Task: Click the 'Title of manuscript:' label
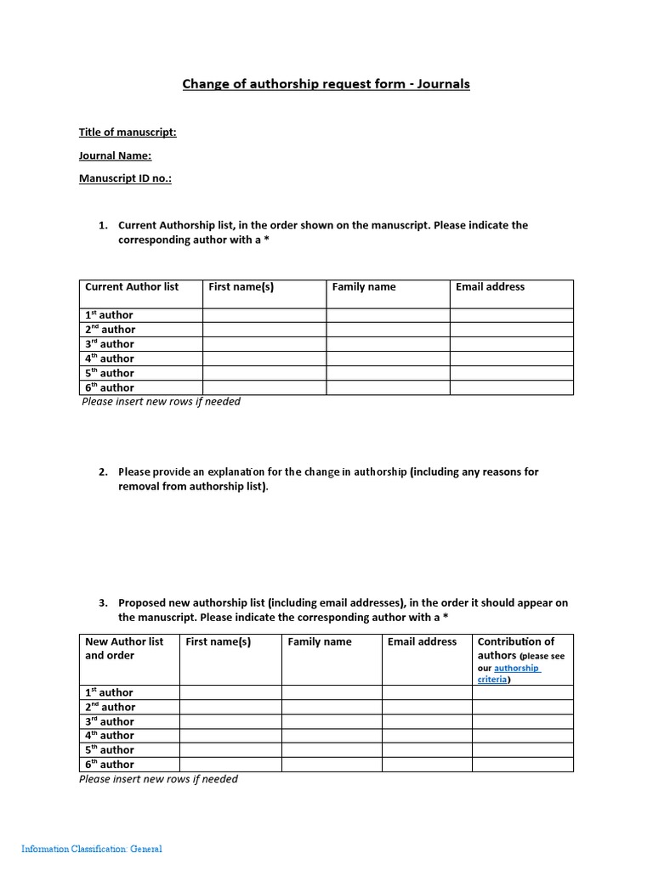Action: [x=128, y=133]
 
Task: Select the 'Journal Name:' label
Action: [x=115, y=155]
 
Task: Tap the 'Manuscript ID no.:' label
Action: [x=125, y=178]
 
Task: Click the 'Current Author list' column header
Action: [x=132, y=287]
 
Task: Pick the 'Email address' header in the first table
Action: [x=490, y=287]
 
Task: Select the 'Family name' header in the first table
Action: [x=364, y=287]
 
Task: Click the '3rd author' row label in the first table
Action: [x=110, y=344]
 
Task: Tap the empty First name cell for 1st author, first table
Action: [x=264, y=315]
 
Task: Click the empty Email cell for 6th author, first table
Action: [x=511, y=387]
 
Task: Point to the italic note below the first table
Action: [x=161, y=402]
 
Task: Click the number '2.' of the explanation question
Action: [x=103, y=472]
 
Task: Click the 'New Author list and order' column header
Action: [x=124, y=648]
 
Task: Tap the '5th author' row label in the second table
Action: [x=110, y=750]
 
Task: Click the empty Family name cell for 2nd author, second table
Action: [x=332, y=707]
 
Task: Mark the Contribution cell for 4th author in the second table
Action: [x=522, y=736]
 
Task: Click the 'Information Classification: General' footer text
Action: [x=92, y=849]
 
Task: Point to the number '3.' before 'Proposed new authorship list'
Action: [x=103, y=603]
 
